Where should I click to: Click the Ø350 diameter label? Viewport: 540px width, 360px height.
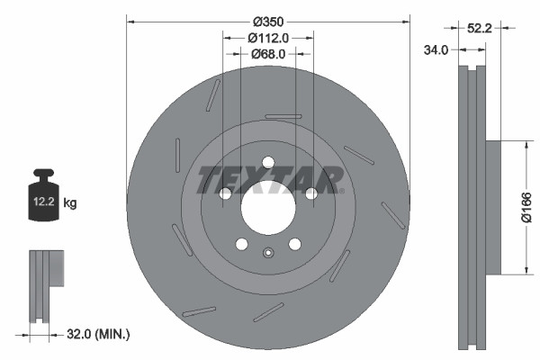pyautogui.click(x=268, y=20)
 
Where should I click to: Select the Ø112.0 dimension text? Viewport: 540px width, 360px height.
pyautogui.click(x=268, y=38)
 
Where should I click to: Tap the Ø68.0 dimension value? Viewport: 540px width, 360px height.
pyautogui.click(x=268, y=54)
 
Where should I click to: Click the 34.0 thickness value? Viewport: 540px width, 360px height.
pyautogui.click(x=436, y=50)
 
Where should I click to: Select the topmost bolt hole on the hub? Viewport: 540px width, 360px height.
pyautogui.click(x=268, y=162)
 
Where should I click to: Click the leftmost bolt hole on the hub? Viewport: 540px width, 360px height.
pyautogui.click(x=225, y=193)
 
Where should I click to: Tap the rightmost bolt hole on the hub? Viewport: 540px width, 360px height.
pyautogui.click(x=311, y=193)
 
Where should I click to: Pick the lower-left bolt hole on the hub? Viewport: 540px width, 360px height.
pyautogui.click(x=241, y=244)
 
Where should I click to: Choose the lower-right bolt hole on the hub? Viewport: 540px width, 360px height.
pyautogui.click(x=294, y=244)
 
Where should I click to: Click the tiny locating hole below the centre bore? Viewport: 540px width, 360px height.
pyautogui.click(x=268, y=252)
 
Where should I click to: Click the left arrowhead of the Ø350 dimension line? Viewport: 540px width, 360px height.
pyautogui.click(x=130, y=20)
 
